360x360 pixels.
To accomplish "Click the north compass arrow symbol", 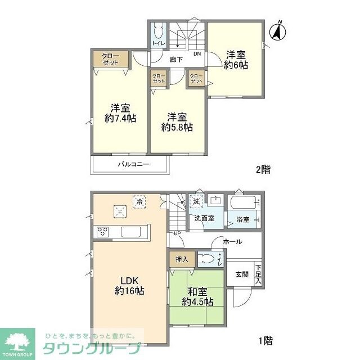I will (x=277, y=31).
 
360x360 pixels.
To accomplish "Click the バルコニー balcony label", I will (x=133, y=165).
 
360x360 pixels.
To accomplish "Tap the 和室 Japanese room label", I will (x=197, y=291).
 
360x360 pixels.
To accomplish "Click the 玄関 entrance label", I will (x=242, y=274).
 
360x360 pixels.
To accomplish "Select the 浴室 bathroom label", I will (x=243, y=219).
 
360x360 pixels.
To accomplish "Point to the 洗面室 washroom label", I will (x=204, y=218).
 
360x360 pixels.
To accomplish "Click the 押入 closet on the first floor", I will (x=182, y=259).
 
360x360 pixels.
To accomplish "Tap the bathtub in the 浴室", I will (x=244, y=201).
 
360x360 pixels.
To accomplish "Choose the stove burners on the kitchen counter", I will (x=103, y=231).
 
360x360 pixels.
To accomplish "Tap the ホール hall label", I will (x=232, y=241).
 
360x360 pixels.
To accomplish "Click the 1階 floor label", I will (x=265, y=340).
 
